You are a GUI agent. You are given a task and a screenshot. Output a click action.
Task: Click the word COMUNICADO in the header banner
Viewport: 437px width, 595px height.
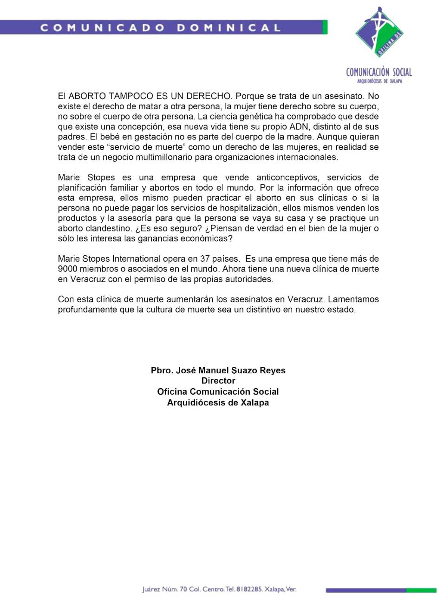point(102,27)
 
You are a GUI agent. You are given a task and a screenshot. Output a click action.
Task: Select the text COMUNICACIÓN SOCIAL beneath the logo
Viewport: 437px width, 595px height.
point(378,72)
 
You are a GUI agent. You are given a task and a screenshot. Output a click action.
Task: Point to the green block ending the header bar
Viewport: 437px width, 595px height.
point(325,27)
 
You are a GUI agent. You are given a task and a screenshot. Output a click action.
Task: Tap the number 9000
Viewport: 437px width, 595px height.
point(68,269)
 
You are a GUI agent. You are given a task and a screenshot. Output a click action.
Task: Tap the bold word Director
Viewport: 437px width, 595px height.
point(218,381)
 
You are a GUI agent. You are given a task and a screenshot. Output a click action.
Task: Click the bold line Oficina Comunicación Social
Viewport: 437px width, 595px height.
point(218,391)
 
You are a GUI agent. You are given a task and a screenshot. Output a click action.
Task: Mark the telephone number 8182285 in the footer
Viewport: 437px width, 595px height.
point(249,589)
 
